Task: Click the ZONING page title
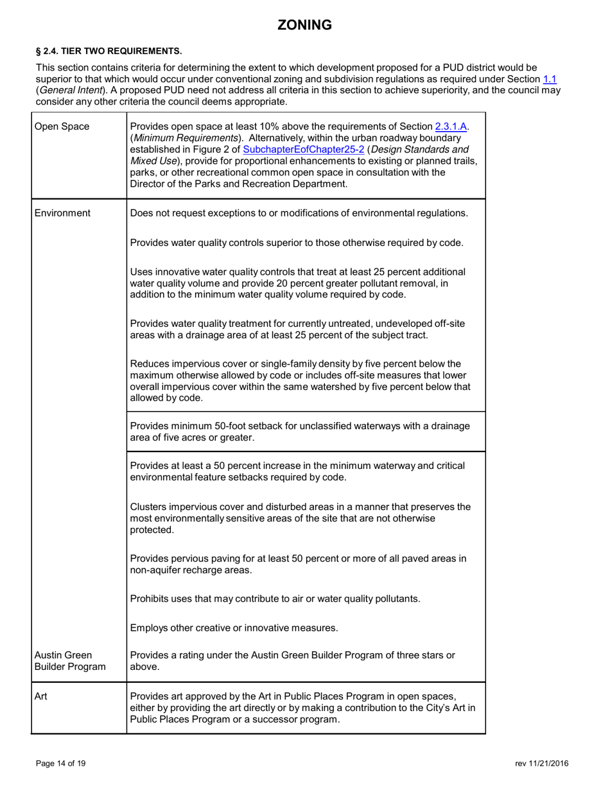(x=304, y=25)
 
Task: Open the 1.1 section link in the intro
(x=550, y=79)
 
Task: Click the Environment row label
(x=62, y=213)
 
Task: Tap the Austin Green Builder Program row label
(x=69, y=661)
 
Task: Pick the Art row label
(x=40, y=696)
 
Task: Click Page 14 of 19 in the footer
(x=61, y=763)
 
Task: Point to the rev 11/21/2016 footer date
(x=541, y=763)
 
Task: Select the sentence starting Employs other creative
(x=234, y=627)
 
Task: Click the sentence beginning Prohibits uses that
(x=275, y=599)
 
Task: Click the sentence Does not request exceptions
(x=299, y=213)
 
